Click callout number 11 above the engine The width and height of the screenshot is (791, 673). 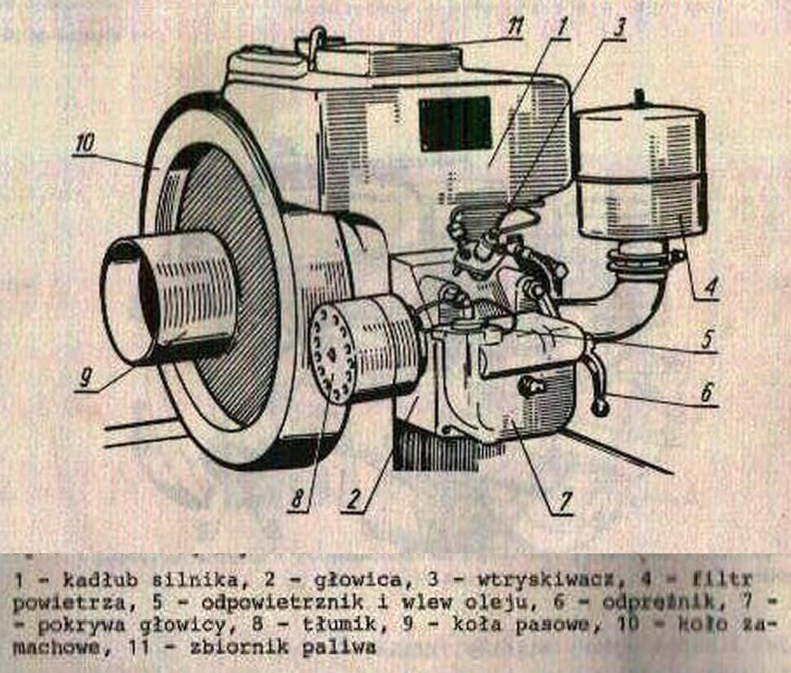(x=513, y=26)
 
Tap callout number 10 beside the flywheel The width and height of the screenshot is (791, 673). (x=86, y=144)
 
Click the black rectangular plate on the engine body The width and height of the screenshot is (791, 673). (x=455, y=123)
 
